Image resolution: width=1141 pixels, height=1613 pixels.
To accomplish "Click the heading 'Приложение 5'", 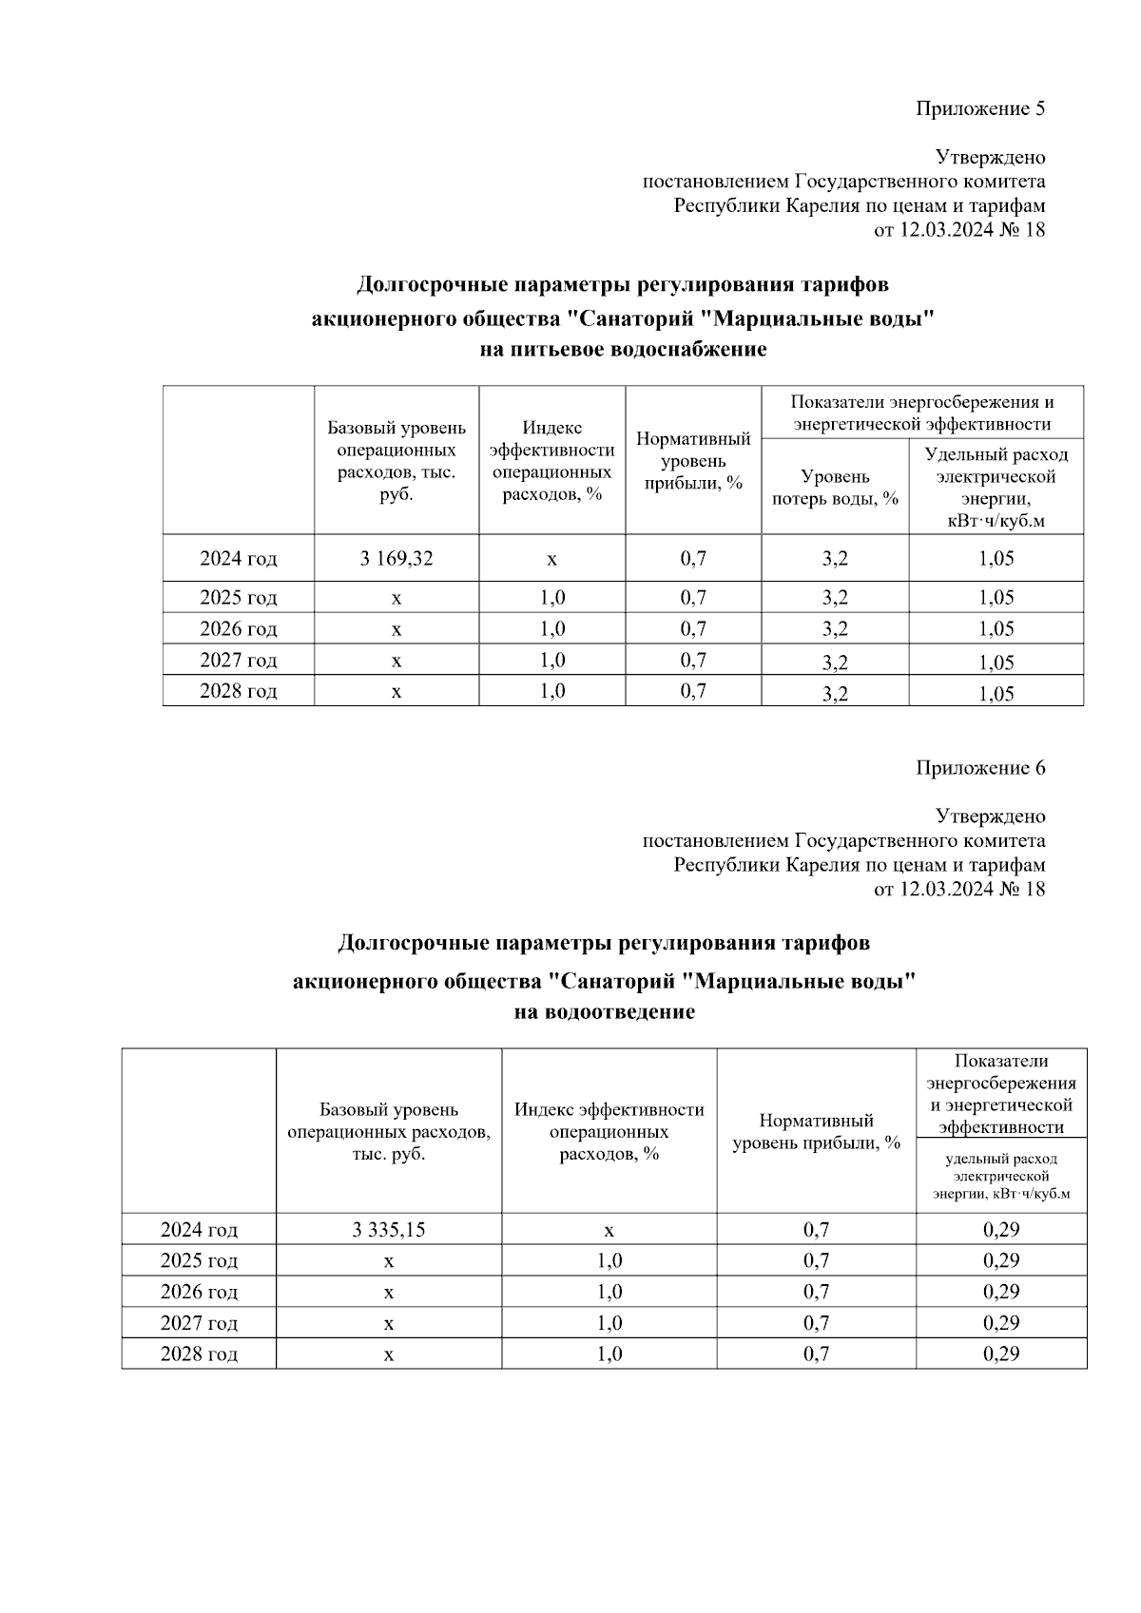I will point(980,108).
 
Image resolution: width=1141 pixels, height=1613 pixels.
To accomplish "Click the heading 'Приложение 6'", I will point(980,768).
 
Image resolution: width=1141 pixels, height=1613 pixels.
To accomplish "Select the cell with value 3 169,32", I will point(396,559).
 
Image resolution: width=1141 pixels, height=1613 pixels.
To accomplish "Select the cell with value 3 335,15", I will point(388,1230).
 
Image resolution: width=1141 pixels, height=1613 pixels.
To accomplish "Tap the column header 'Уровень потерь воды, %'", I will point(835,488).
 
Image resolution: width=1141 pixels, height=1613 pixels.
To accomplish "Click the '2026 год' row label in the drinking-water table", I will point(238,629).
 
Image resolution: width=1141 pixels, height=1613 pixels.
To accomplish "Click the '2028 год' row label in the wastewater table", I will point(199,1354).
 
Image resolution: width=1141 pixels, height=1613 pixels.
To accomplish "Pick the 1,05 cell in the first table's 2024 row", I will point(996,559).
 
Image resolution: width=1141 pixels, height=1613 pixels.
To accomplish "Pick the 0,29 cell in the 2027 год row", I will point(1001,1323).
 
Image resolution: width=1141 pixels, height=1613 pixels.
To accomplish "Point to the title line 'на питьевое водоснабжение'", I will point(623,351).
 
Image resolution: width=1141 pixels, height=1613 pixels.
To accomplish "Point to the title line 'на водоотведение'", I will point(604,1012).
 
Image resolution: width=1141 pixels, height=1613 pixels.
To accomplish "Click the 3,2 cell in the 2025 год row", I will point(835,598).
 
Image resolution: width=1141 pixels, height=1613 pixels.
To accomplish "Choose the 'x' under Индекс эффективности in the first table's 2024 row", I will point(551,559).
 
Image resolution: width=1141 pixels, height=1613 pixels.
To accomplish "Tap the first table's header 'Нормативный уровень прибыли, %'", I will point(693,461).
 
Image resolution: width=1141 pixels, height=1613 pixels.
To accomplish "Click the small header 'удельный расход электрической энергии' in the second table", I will point(1001,1176).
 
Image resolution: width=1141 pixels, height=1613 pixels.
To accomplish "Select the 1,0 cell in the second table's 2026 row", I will point(609,1292).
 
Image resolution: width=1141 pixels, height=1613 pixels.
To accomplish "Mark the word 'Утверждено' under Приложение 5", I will point(990,157).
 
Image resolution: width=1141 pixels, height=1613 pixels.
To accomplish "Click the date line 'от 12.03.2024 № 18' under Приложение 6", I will point(958,890).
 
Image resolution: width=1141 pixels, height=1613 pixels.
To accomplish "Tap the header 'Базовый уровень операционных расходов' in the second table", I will point(388,1131).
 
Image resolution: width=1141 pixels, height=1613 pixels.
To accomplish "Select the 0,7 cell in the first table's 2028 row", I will point(693,691).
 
